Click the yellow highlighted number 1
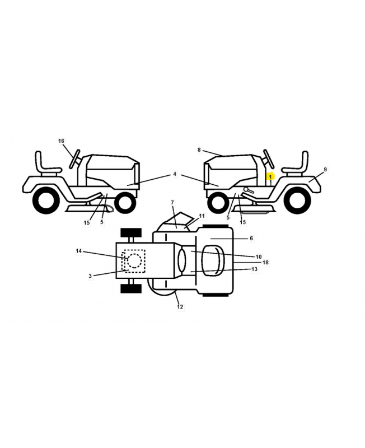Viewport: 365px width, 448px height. [270, 177]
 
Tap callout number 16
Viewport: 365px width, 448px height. [61, 141]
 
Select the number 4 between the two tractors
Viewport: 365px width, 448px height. [175, 174]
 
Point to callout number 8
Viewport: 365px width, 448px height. [199, 150]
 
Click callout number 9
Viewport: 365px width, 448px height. [325, 170]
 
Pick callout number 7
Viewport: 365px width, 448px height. [172, 202]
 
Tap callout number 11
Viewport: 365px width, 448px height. [202, 216]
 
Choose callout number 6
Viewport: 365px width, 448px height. [251, 238]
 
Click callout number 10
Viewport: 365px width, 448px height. [258, 256]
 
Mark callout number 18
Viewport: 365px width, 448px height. [265, 262]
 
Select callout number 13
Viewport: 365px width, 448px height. [254, 269]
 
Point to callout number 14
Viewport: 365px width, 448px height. [78, 251]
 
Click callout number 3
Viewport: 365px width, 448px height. [90, 276]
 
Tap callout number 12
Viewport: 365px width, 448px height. [180, 307]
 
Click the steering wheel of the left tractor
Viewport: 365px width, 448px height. [74, 159]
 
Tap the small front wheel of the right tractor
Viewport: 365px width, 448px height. [219, 202]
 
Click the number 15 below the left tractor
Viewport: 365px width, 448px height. [87, 222]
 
